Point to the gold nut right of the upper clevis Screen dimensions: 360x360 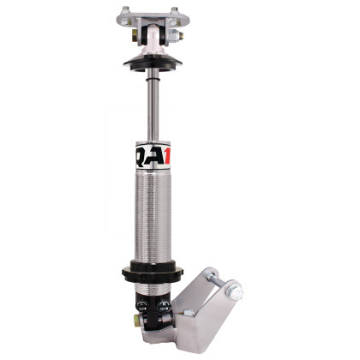176,37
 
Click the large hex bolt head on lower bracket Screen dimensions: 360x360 232,296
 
